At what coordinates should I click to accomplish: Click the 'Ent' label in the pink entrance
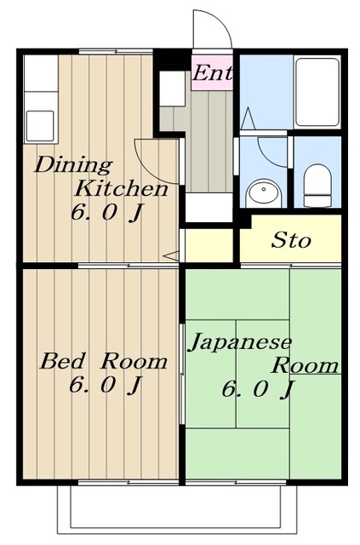click(x=212, y=73)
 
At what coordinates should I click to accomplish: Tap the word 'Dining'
click(x=73, y=165)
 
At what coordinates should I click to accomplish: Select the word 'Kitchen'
click(x=122, y=189)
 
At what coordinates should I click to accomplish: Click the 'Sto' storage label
click(x=291, y=240)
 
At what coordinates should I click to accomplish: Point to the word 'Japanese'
click(x=240, y=342)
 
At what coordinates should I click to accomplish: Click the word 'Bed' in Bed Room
click(x=62, y=361)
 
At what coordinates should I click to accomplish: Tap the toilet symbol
click(x=317, y=186)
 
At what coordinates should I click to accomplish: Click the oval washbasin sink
click(x=264, y=193)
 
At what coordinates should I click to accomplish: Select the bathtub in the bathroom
click(x=317, y=92)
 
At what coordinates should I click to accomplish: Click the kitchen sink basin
click(x=40, y=125)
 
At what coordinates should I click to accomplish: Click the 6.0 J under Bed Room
click(x=106, y=385)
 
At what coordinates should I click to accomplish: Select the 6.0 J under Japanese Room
click(x=258, y=388)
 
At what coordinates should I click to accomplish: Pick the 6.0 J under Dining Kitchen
click(x=107, y=212)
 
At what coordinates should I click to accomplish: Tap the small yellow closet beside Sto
click(x=209, y=245)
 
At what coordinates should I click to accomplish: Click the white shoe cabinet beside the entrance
click(x=172, y=89)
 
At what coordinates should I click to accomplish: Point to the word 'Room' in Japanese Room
click(x=305, y=365)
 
